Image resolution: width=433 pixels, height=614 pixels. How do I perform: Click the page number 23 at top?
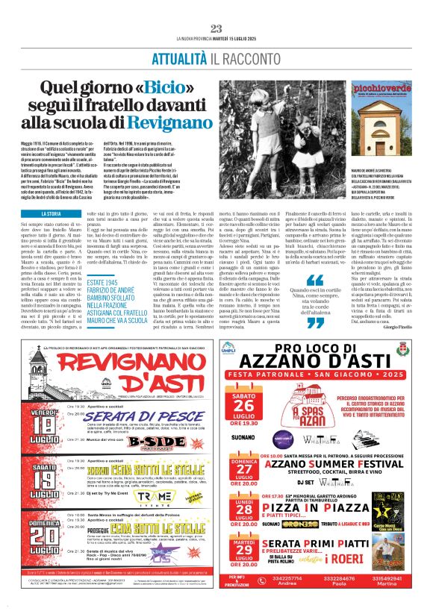coord(216,28)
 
